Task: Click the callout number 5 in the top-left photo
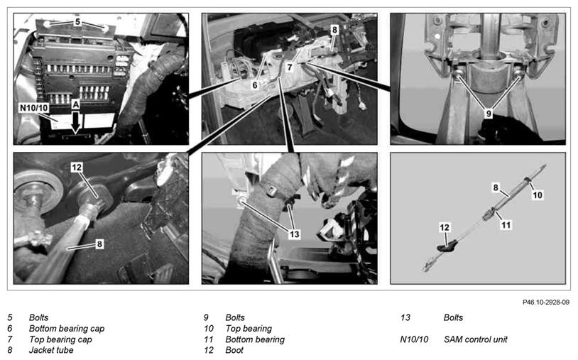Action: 77,22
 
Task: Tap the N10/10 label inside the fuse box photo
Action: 34,108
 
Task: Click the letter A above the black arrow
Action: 75,104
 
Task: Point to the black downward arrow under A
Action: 75,122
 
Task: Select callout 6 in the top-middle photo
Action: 255,85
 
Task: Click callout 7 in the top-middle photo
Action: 290,67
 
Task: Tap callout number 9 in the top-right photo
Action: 489,114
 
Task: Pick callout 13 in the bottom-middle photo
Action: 294,234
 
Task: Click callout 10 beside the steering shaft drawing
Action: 538,195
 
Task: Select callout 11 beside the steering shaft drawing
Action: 506,225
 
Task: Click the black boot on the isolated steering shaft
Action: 447,246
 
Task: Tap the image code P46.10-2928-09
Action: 546,302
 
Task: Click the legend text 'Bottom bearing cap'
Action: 67,328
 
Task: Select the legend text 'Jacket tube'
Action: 51,350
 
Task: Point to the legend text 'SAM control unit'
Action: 476,339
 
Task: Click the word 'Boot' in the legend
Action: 234,350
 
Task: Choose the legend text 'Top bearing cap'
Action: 60,339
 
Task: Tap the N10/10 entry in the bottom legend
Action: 414,339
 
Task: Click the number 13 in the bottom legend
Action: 405,317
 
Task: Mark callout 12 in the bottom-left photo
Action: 76,168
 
